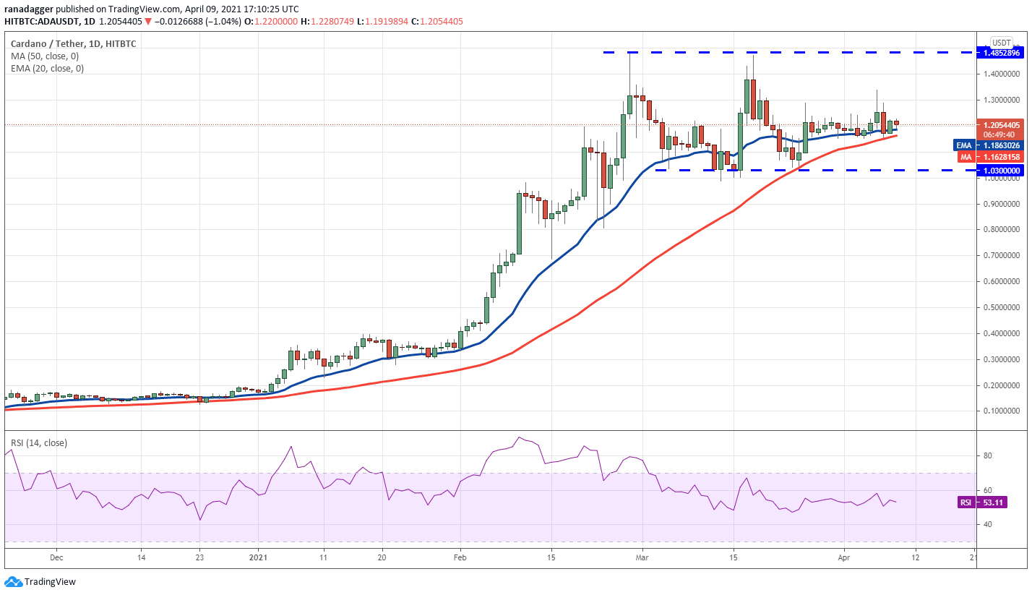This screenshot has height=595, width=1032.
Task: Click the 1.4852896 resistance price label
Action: [1001, 53]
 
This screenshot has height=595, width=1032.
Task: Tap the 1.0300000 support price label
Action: [1001, 171]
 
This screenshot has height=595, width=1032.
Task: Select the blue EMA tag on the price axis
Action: [963, 145]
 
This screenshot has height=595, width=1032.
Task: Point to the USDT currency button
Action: [1002, 43]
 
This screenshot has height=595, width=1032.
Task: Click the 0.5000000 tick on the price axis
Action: [1001, 307]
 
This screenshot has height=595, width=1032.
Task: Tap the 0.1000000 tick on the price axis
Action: [1001, 411]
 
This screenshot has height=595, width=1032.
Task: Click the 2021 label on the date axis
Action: [258, 557]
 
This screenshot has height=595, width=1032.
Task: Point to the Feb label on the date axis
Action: [458, 557]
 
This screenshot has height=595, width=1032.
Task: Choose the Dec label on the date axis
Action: [57, 557]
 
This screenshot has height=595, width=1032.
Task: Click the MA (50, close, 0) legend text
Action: [45, 56]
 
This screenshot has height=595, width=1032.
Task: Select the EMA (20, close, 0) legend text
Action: [48, 69]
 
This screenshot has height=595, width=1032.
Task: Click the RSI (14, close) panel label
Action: [39, 442]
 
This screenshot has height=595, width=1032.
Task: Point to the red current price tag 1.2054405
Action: [1001, 124]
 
